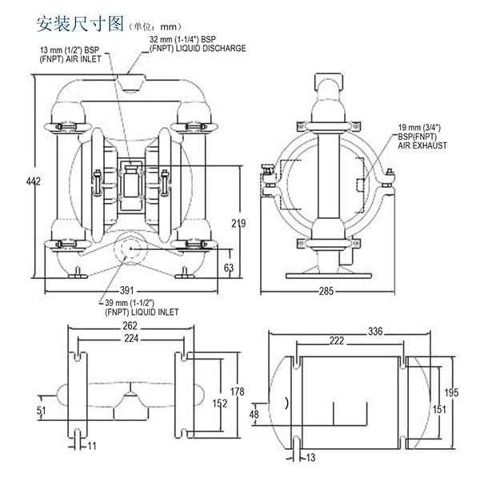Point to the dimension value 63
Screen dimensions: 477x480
tap(229, 268)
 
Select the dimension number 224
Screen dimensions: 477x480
tap(131, 339)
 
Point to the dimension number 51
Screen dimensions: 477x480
tap(42, 411)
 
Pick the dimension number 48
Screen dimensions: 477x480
tap(255, 415)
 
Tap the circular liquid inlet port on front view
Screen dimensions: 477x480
tap(130, 248)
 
